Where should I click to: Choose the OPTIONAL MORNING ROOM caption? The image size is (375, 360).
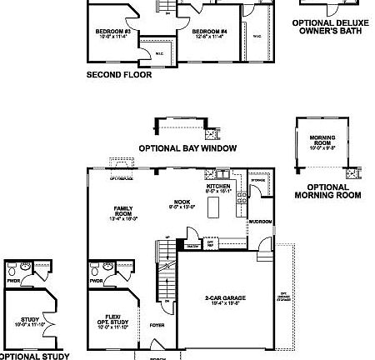click(x=327, y=192)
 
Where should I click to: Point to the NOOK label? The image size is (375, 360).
click(x=182, y=202)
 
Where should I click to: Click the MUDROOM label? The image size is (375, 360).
click(x=261, y=222)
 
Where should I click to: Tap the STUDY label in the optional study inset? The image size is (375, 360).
click(x=24, y=321)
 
